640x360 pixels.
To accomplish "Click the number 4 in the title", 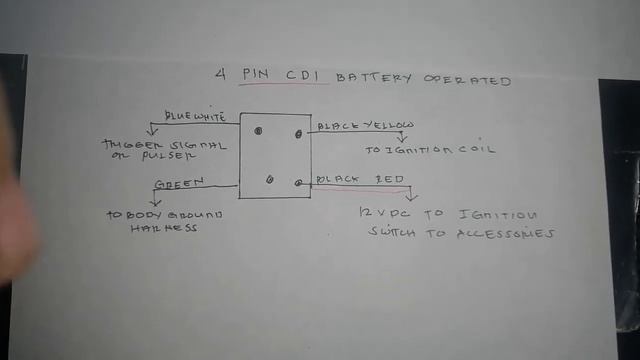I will (x=221, y=74).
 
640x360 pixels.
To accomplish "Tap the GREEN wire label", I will (x=180, y=182).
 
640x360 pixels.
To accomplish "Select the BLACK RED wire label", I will (x=361, y=180).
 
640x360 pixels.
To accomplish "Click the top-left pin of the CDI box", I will (x=258, y=130).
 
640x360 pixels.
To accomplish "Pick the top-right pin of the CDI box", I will (x=297, y=132).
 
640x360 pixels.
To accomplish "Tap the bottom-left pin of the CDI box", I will (x=270, y=178).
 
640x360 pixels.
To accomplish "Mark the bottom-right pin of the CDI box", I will (x=299, y=183).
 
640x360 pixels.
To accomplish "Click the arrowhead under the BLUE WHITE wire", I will (x=151, y=131).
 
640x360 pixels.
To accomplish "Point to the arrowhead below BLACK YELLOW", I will (x=402, y=138).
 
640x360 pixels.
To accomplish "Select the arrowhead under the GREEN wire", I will (x=153, y=201).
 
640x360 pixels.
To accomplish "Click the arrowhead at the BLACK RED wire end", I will (x=411, y=197).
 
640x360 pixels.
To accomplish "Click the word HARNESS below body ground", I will (x=166, y=227).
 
